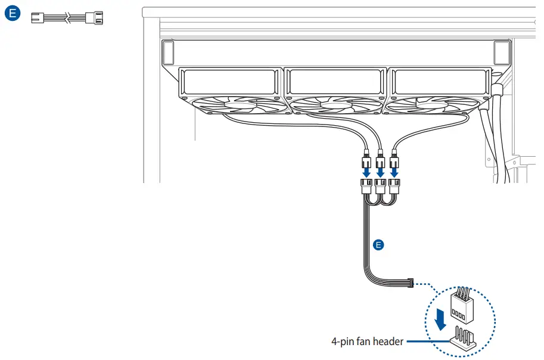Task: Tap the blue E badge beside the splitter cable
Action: pyautogui.click(x=377, y=244)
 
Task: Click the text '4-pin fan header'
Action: pyautogui.click(x=367, y=342)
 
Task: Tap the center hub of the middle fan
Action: pyautogui.click(x=335, y=105)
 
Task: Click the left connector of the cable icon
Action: pyautogui.click(x=39, y=19)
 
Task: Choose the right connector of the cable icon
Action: pyautogui.click(x=95, y=19)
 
